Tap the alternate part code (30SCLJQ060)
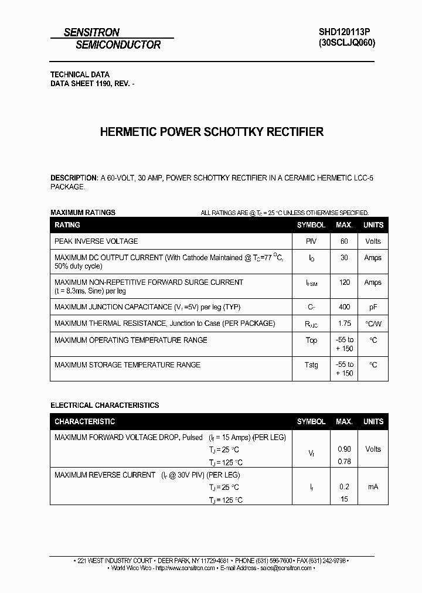[x=346, y=43]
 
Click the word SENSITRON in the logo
[x=91, y=33]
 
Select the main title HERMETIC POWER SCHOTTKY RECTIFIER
[x=212, y=132]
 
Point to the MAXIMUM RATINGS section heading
[x=83, y=213]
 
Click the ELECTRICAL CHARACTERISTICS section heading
[x=104, y=405]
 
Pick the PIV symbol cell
[x=311, y=241]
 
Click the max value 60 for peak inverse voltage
[x=344, y=241]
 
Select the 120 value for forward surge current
[x=344, y=282]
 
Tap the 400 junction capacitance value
[x=344, y=307]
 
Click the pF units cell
[x=373, y=307]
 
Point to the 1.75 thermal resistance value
[x=344, y=323]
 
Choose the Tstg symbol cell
[x=311, y=365]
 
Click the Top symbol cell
[x=311, y=340]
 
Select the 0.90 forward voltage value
[x=344, y=449]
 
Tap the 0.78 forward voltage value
[x=344, y=462]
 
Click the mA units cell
[x=373, y=487]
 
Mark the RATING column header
[x=67, y=225]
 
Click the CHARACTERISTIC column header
[x=84, y=422]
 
